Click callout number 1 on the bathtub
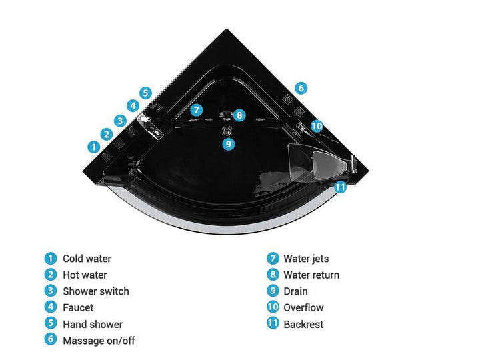point(94,147)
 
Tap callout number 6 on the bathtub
point(301,88)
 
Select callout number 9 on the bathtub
point(229,143)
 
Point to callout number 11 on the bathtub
point(340,187)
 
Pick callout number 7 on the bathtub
point(196,110)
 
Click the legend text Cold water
point(87,259)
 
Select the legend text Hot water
point(85,275)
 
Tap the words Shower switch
point(96,291)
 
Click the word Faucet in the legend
point(78,307)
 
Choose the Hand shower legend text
point(93,324)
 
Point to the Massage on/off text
point(99,341)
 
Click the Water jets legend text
point(306,259)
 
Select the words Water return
point(311,275)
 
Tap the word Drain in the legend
point(295,291)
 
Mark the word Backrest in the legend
point(303,324)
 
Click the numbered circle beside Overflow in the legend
point(273,307)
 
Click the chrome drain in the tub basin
point(227,131)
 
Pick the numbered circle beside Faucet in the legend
point(51,307)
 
